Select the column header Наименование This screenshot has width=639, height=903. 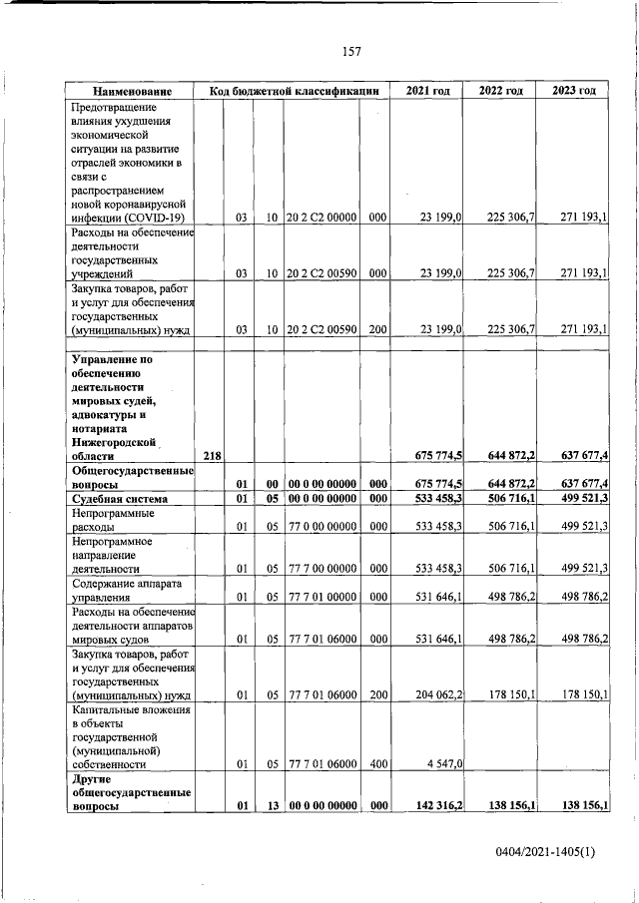[x=131, y=91]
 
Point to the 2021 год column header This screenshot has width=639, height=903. [x=427, y=91]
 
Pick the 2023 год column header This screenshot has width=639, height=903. [x=573, y=91]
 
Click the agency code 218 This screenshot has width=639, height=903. [x=211, y=456]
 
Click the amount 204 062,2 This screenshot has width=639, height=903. [x=434, y=694]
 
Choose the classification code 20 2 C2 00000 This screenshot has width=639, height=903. [x=321, y=217]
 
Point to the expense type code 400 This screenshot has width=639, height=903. [x=377, y=763]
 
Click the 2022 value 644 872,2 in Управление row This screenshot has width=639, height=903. [x=505, y=456]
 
